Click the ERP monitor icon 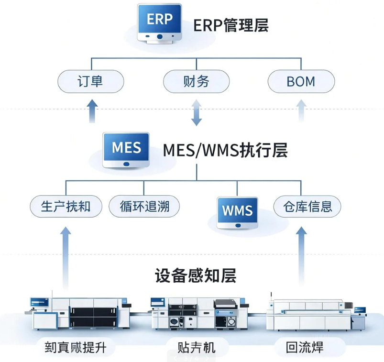pyautogui.click(x=159, y=23)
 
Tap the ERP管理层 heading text pyautogui.click(x=231, y=25)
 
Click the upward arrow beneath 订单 pyautogui.click(x=93, y=111)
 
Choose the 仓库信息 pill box pyautogui.click(x=307, y=207)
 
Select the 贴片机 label pyautogui.click(x=196, y=347)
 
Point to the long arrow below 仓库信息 pyautogui.click(x=301, y=256)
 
